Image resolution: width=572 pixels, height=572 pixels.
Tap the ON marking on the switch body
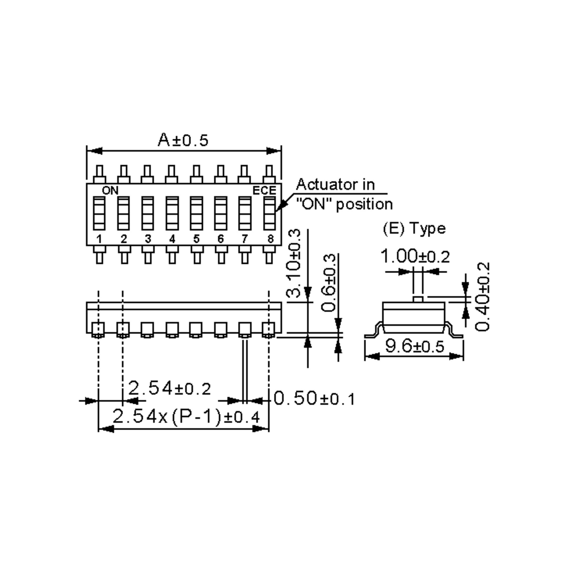110,190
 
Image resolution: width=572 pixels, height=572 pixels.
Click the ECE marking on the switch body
264,190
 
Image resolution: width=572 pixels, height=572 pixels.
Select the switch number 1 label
99,239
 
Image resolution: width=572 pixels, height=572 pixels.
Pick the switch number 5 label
196,239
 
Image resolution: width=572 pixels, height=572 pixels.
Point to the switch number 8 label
270,239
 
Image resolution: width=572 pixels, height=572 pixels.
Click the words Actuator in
335,185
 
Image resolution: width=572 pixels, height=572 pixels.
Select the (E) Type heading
414,229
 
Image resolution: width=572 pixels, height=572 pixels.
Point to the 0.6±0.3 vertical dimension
329,282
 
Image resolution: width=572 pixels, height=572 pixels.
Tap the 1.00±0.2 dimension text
415,256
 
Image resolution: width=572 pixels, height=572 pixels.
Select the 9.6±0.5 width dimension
414,346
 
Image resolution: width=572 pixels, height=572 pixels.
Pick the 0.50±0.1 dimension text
314,398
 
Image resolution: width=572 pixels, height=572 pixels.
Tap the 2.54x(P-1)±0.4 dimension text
186,417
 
